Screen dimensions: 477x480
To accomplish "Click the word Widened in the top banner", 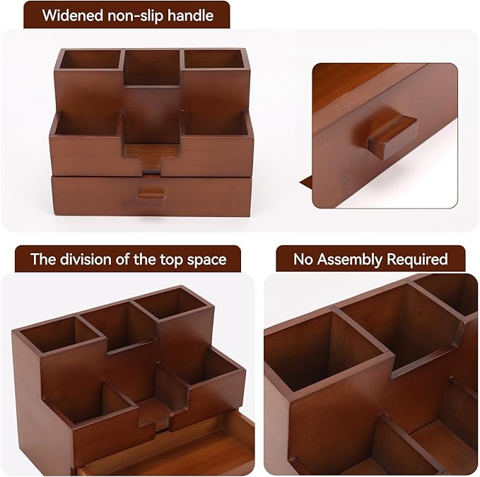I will (x=73, y=15).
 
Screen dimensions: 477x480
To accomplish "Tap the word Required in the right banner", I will (x=416, y=259).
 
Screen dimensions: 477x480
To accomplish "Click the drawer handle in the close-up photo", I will (x=391, y=134).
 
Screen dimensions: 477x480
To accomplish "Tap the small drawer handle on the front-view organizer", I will (x=151, y=192).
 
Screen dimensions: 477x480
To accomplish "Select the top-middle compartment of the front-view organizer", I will (x=152, y=66).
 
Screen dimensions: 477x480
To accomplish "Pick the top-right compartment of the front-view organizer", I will (x=215, y=60).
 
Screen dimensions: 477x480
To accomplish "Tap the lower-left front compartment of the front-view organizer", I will (x=87, y=125).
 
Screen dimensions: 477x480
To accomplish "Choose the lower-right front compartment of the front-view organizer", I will (x=216, y=125).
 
